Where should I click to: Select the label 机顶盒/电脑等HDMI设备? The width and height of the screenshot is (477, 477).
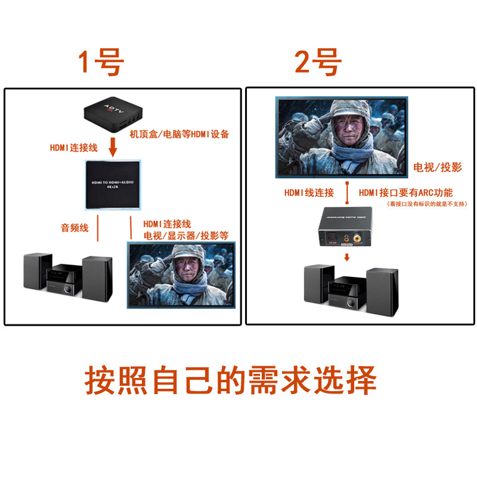(179, 135)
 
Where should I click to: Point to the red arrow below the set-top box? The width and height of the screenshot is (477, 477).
(111, 147)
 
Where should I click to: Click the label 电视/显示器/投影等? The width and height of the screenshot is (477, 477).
(185, 235)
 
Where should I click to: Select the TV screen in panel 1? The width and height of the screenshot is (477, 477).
(181, 274)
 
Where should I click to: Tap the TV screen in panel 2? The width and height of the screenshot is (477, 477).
(342, 137)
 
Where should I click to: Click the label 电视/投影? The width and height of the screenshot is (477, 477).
(438, 168)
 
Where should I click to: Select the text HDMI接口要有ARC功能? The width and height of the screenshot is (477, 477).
(406, 193)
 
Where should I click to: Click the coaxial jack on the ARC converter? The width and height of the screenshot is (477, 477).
(357, 238)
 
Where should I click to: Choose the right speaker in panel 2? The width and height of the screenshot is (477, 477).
(382, 293)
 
